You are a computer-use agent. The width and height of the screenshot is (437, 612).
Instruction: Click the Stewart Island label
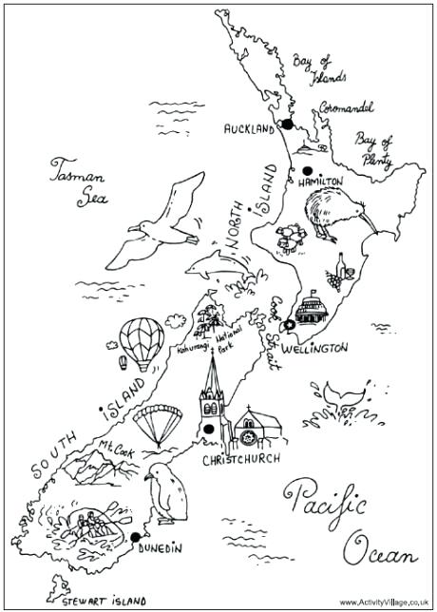tap(103, 601)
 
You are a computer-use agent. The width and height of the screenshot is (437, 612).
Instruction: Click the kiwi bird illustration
tap(327, 216)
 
